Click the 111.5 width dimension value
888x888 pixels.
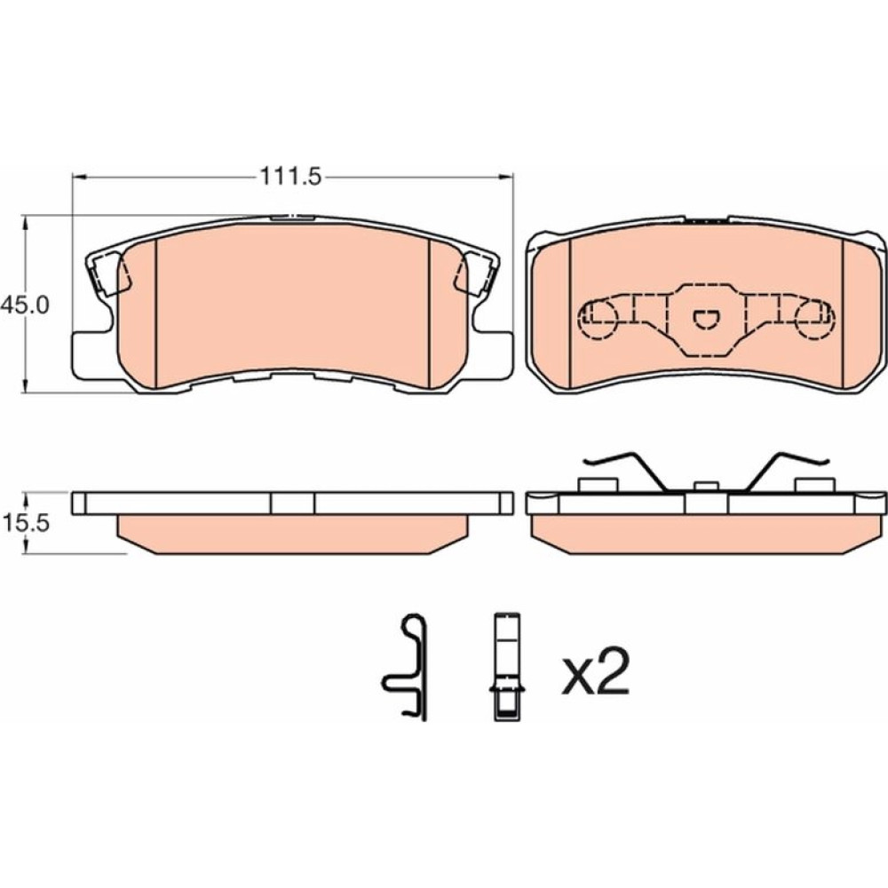click(x=290, y=177)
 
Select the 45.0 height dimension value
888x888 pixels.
click(x=25, y=305)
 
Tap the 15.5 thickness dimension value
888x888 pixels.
click(x=26, y=523)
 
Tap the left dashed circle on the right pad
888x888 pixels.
click(x=599, y=320)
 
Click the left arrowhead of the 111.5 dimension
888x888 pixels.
click(x=79, y=178)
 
